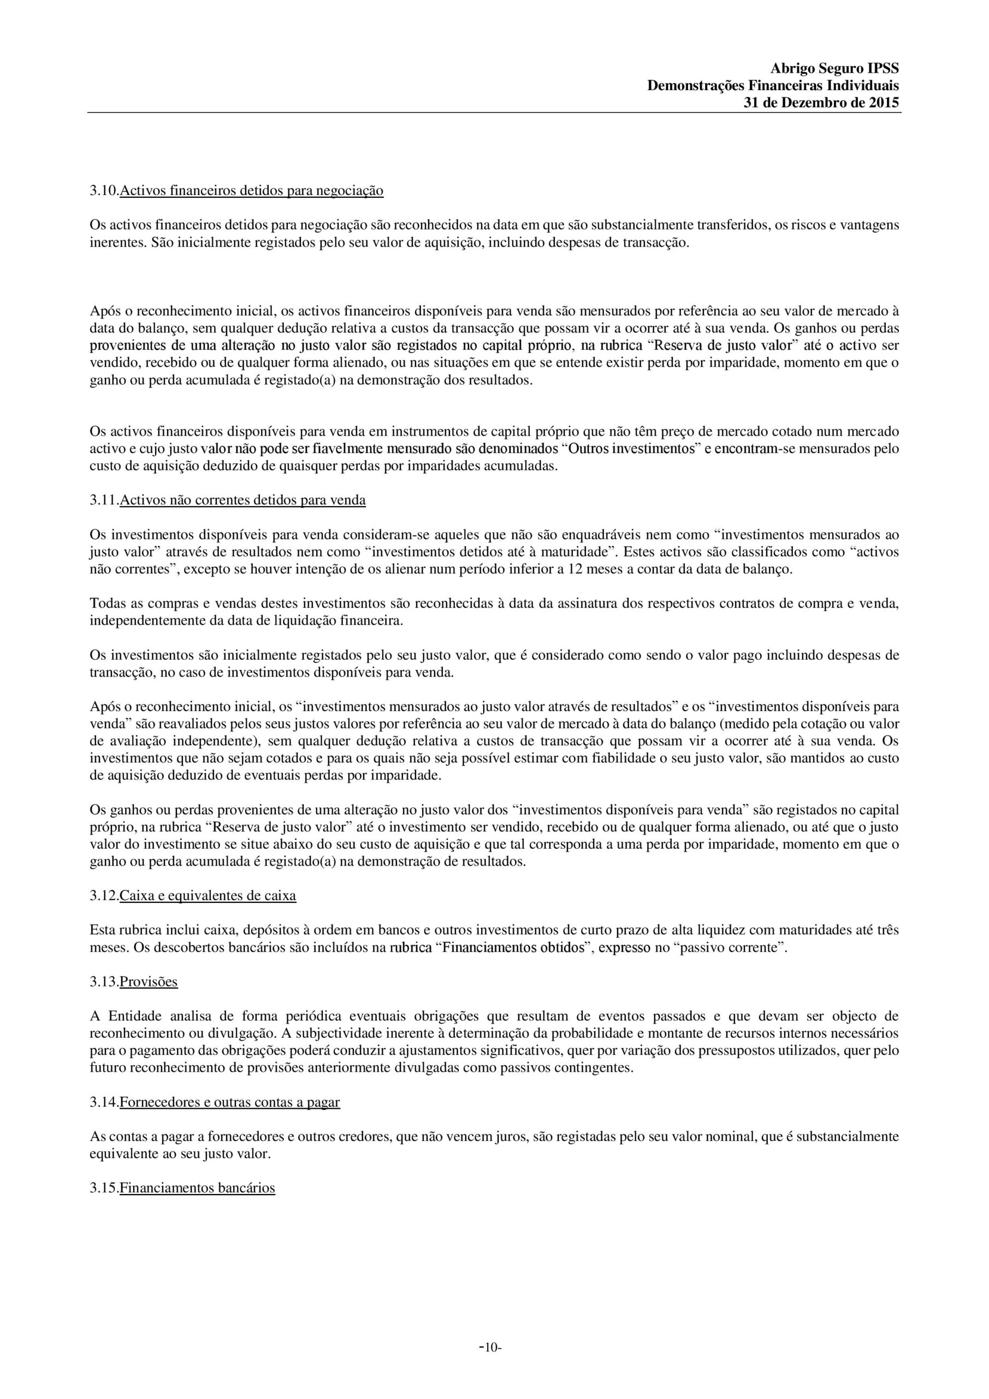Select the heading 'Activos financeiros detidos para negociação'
pyautogui.click(x=252, y=191)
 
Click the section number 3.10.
pyautogui.click(x=104, y=191)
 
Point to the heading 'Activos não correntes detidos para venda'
pyautogui.click(x=242, y=500)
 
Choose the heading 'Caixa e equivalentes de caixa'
pyautogui.click(x=208, y=896)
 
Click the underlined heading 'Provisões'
pyautogui.click(x=149, y=981)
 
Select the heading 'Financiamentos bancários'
pyautogui.click(x=197, y=1188)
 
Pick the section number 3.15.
pyautogui.click(x=104, y=1188)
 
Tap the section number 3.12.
pyautogui.click(x=104, y=896)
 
